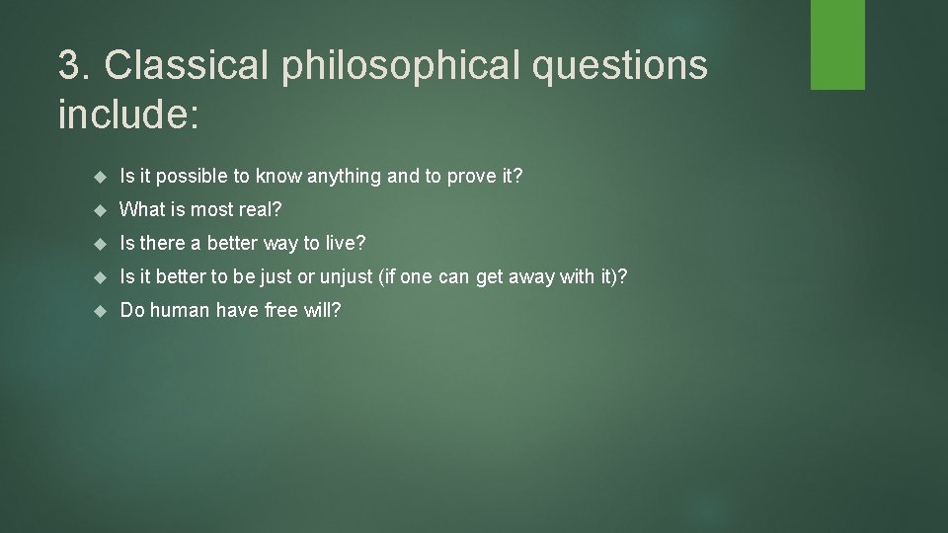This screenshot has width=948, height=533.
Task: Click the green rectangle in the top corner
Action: [837, 44]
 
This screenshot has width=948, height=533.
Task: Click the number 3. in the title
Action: [76, 65]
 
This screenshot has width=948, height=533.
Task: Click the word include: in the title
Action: [128, 114]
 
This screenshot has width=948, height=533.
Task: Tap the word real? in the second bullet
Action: [261, 209]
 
